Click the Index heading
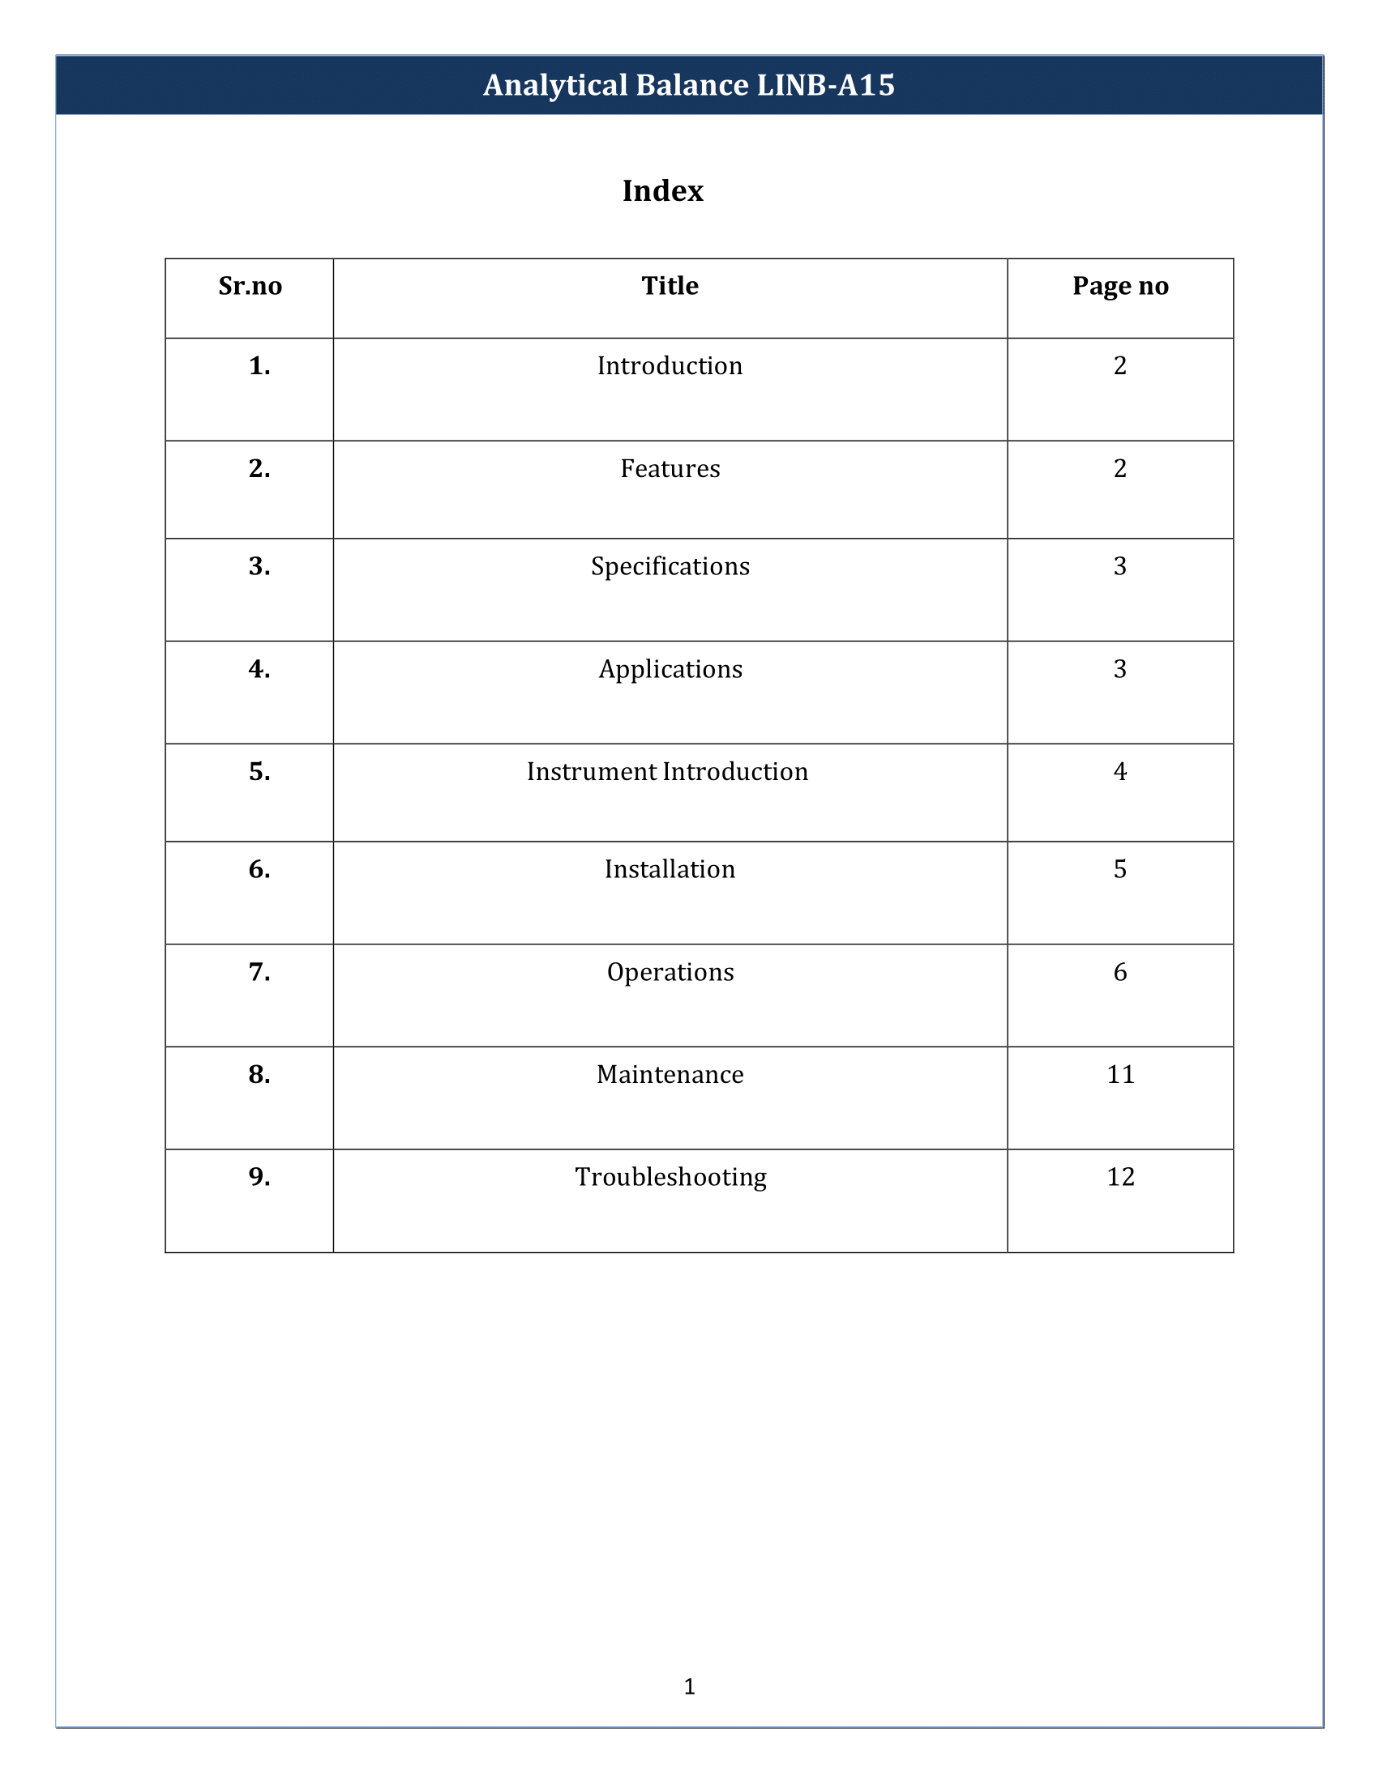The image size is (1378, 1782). pos(662,191)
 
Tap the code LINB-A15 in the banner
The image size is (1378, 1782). pos(825,86)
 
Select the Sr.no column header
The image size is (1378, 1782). pos(250,287)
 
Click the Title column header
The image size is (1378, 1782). pos(670,287)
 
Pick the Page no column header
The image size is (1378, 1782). pos(1120,287)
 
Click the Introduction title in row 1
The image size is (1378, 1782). pos(670,366)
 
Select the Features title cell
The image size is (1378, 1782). pos(670,469)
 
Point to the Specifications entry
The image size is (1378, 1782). pos(670,567)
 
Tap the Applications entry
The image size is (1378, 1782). pos(670,670)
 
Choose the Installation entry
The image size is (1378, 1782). pos(670,870)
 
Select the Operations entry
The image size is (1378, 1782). pos(670,973)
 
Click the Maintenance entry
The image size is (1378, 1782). pos(670,1075)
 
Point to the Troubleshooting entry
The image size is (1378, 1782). pos(670,1178)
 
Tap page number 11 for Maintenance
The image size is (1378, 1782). pos(1120,1075)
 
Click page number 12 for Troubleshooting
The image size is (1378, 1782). pos(1120,1178)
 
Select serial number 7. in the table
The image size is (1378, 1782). pos(259,973)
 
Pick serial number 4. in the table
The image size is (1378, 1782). pos(259,670)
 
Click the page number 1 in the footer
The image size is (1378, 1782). pos(689,1686)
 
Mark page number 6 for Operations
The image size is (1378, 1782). pos(1120,973)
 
